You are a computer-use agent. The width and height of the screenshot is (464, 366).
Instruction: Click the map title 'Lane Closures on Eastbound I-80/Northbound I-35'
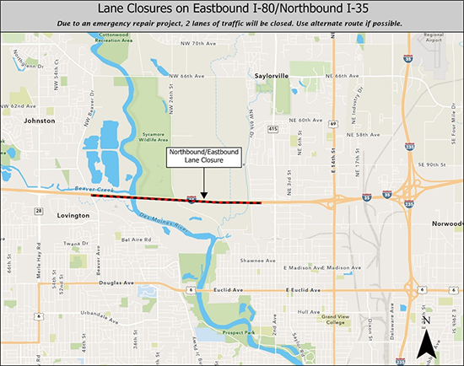tap(232, 10)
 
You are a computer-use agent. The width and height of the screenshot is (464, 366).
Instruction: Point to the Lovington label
tap(67, 216)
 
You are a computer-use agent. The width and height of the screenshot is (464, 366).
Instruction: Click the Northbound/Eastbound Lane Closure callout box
tap(202, 157)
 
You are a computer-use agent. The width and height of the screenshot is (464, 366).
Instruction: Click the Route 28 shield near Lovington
tap(39, 210)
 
